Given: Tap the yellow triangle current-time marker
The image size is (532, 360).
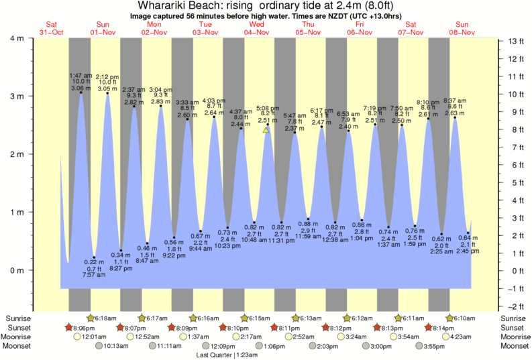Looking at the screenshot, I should point(266,130).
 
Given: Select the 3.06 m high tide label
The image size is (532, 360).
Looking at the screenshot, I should point(81,88).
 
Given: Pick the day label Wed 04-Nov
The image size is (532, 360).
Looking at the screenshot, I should point(256,28).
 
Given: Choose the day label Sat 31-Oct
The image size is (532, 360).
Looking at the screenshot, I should point(51,28).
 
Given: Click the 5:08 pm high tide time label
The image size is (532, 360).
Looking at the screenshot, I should point(268,108).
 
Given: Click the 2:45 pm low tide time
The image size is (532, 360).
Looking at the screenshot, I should point(468,251).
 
